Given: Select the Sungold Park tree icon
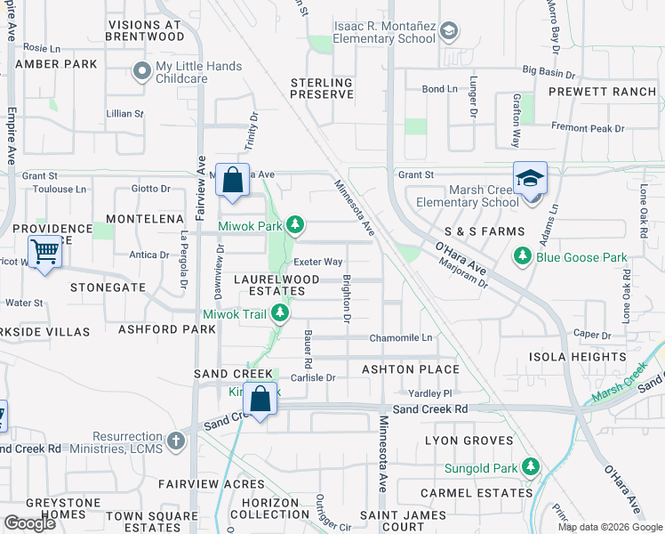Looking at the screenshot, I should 531,466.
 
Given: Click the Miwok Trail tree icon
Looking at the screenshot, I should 281,313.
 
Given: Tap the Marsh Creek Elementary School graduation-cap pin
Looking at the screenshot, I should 530,181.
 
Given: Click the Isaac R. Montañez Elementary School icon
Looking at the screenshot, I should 449,33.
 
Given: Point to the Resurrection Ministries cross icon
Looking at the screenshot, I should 176,441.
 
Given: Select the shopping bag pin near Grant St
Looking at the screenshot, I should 231,180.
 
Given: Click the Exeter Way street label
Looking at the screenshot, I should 319,262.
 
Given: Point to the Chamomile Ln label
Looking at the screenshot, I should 401,338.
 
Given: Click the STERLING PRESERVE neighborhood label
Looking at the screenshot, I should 322,88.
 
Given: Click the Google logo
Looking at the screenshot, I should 29,523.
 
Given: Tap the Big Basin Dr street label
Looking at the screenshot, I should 551,69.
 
